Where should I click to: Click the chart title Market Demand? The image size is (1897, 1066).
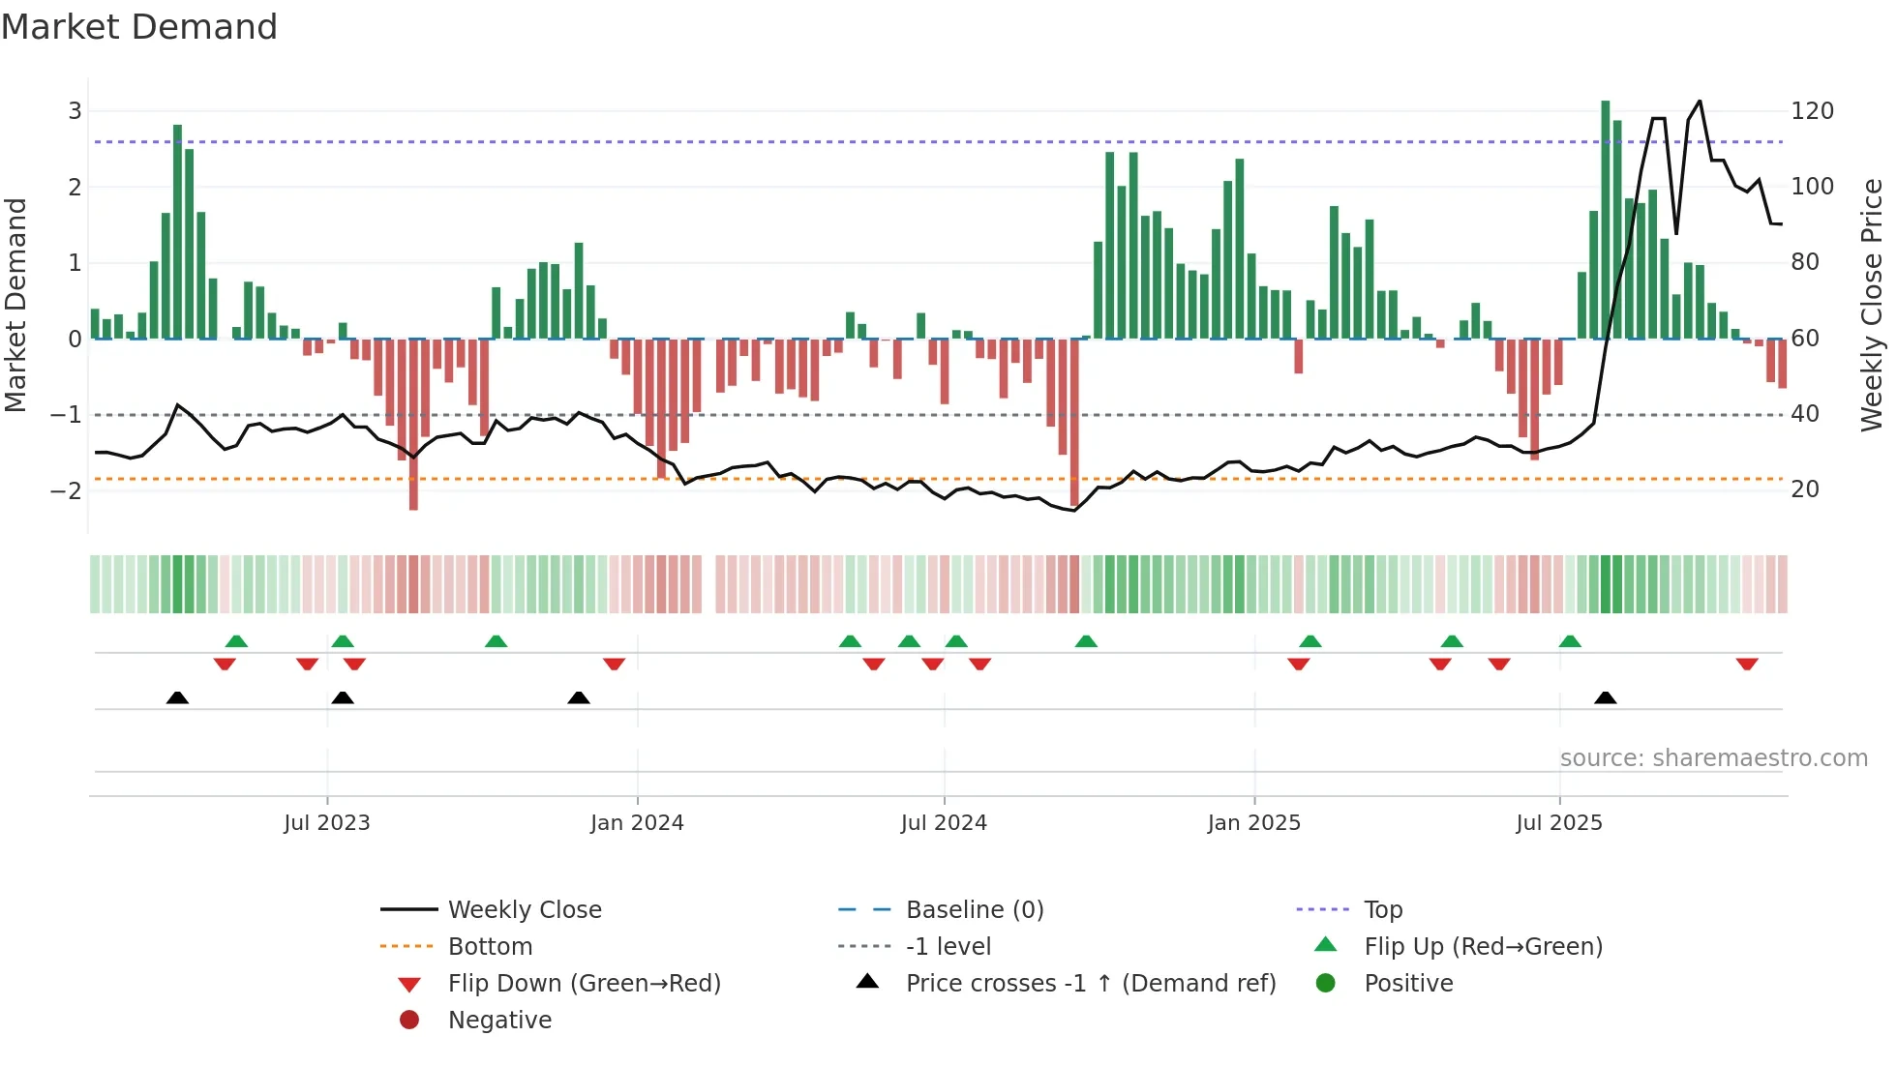(x=139, y=27)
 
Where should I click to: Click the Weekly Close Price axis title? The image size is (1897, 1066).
(x=1872, y=305)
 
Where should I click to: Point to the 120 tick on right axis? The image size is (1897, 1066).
(x=1812, y=111)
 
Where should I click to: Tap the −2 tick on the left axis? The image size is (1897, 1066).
(x=67, y=490)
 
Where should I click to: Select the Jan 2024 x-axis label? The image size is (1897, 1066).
(x=637, y=823)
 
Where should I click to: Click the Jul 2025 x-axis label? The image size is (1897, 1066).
(x=1559, y=823)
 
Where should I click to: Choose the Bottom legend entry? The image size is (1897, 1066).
(x=490, y=947)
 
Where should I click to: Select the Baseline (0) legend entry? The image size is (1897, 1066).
(x=974, y=910)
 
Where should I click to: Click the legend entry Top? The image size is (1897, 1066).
(x=1382, y=910)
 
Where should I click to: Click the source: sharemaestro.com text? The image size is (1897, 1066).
(x=1713, y=758)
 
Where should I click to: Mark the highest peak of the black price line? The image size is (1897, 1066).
(x=1700, y=102)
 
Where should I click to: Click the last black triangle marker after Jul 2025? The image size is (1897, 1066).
(x=1605, y=697)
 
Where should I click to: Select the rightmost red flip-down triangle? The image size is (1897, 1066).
(x=1747, y=664)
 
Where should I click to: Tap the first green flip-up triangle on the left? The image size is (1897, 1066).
(x=236, y=641)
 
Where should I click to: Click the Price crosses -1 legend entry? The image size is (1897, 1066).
(x=1090, y=984)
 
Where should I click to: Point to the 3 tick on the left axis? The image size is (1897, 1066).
(x=75, y=111)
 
